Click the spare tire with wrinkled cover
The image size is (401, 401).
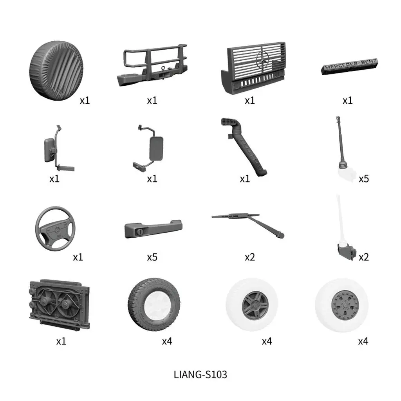pos(56,70)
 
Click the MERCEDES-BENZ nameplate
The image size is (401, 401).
pos(350,67)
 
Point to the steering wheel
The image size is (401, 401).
pos(56,228)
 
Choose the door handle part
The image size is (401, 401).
pos(154,228)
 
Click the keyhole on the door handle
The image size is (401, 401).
pos(140,232)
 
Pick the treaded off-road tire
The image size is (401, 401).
pos(154,304)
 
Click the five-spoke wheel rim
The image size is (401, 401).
pos(255,305)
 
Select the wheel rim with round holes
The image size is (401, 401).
pos(345,305)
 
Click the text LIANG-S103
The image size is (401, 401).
pos(200,375)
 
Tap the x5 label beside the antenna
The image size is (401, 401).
pos(364,179)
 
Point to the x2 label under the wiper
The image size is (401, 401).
pos(249,257)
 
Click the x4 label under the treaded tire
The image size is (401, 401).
pos(167,341)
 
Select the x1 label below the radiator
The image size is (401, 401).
pos(61,341)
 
